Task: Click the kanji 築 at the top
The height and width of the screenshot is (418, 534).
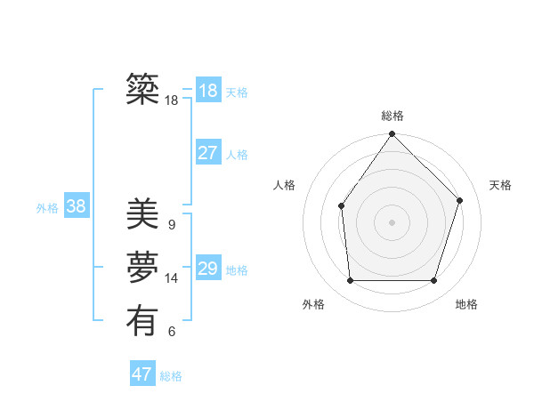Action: pos(142,89)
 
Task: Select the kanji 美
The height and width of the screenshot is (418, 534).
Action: pos(142,214)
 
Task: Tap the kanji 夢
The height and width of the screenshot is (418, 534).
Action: pos(142,268)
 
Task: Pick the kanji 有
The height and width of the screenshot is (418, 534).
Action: pos(142,321)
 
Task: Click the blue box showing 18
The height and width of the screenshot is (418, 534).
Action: pos(207,91)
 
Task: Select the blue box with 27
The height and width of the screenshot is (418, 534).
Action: pos(207,153)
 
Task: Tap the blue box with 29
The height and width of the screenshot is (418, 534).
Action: pos(207,269)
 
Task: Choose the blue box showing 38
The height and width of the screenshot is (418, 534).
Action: pos(76,206)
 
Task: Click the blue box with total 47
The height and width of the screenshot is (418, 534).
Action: pos(142,374)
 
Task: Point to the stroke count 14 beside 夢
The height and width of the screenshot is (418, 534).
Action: pos(172,278)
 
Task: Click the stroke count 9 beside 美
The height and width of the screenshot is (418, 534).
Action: pos(172,225)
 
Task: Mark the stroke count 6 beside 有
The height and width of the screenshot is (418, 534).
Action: pos(172,332)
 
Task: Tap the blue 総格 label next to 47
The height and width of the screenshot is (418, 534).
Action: pos(171,376)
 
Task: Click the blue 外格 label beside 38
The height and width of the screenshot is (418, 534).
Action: pos(47,208)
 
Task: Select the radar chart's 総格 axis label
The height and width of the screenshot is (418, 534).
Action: pos(392,116)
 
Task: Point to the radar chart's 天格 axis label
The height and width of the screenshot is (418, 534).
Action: pos(500,185)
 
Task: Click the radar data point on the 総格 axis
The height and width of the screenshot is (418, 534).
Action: pos(392,134)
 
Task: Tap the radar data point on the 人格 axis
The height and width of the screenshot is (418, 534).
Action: pos(341,205)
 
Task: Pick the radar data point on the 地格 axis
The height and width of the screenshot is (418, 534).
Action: pos(433,281)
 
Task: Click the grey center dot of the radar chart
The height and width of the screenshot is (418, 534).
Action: pos(392,221)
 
